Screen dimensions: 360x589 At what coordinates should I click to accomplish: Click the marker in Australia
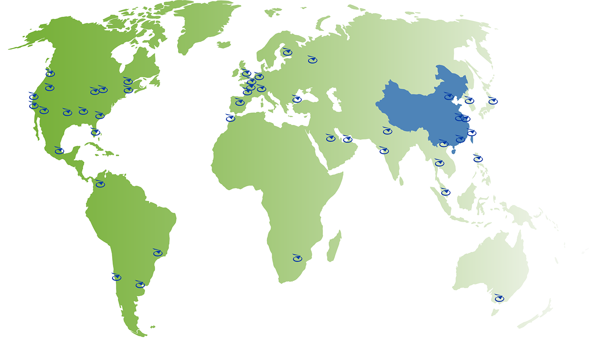[499, 298]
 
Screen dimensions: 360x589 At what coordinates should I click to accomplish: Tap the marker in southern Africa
[297, 258]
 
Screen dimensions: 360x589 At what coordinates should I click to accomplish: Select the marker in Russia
[312, 60]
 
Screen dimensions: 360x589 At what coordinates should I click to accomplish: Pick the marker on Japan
[492, 101]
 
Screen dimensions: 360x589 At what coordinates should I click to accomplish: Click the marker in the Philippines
[478, 158]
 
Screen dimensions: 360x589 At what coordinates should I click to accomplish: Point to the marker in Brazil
[158, 253]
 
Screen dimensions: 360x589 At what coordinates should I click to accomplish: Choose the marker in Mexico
[59, 151]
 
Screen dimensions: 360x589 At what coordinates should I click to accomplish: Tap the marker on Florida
[95, 132]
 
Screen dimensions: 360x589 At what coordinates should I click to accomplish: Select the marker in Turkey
[297, 99]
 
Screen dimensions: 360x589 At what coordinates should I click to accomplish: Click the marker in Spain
[240, 102]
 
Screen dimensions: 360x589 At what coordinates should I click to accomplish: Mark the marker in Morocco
[230, 118]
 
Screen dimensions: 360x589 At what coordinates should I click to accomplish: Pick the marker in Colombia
[100, 184]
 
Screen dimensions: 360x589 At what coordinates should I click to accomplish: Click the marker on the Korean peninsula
[469, 100]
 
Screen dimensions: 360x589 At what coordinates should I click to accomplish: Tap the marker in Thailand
[439, 163]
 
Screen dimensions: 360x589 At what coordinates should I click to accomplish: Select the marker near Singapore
[445, 192]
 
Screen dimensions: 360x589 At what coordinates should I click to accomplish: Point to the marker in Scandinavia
[287, 52]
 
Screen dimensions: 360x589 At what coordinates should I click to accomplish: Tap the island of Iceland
[224, 45]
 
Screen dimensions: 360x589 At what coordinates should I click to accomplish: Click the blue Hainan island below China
[453, 151]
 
